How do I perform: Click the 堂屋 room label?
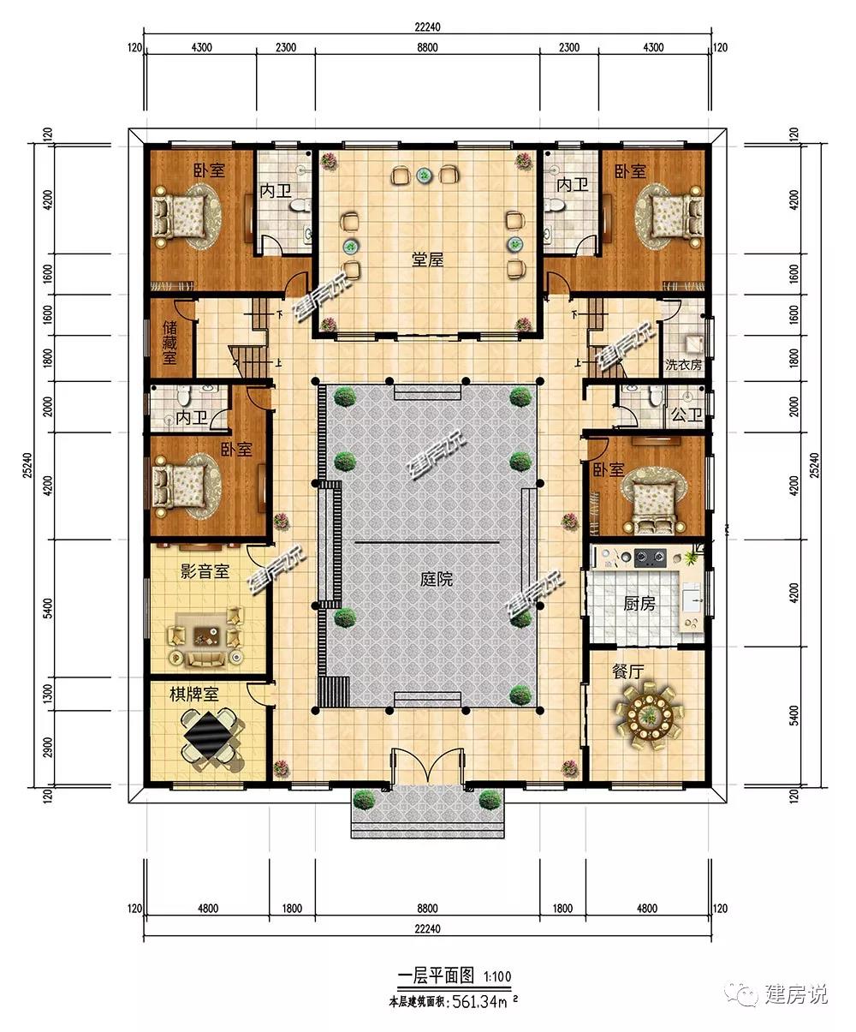click(427, 259)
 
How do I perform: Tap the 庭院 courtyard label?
click(437, 579)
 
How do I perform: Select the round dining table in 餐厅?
click(648, 714)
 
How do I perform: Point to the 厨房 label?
click(639, 604)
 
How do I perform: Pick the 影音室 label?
click(205, 571)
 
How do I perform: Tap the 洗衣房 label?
click(683, 365)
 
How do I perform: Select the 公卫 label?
click(687, 415)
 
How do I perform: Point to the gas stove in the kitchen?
click(650, 558)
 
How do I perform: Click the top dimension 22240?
click(427, 27)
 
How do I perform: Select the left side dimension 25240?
click(27, 465)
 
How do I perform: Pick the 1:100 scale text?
click(497, 976)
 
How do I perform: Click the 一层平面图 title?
click(436, 975)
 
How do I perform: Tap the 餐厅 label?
click(627, 671)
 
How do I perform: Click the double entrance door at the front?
click(428, 765)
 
